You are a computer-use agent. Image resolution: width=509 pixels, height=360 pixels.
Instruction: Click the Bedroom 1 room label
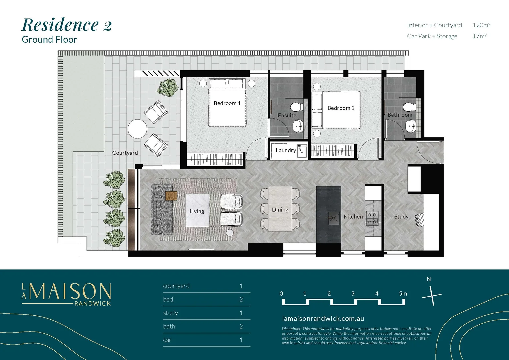227,103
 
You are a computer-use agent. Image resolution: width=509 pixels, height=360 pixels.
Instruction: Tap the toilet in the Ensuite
295,107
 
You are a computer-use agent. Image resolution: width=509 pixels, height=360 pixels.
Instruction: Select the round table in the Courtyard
137,129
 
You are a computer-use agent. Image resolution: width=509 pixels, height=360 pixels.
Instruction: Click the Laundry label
286,150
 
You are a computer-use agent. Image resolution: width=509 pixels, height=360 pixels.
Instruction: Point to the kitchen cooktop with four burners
372,218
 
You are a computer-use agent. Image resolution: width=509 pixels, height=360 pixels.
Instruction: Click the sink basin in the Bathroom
411,126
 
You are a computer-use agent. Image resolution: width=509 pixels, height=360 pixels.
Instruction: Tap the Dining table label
280,210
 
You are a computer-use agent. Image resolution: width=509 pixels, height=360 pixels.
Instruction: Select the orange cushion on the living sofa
171,196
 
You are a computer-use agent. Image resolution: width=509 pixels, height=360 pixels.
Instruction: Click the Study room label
401,217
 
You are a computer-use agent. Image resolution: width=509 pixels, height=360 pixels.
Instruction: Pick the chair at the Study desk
419,220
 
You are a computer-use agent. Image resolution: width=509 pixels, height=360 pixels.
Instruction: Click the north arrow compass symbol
432,295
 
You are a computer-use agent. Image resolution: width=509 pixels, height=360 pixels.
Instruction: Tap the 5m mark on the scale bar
403,294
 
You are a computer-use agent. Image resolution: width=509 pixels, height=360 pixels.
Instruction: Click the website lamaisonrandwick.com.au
323,319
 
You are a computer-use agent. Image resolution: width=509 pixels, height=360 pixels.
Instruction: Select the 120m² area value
481,25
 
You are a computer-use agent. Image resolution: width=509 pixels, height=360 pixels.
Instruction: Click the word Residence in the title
60,25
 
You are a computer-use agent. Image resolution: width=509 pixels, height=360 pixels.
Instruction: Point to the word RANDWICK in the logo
92,304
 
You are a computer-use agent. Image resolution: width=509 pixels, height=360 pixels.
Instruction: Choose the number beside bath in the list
241,327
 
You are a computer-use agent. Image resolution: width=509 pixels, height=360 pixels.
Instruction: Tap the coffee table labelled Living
197,211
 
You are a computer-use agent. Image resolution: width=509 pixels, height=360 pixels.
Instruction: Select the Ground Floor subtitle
49,40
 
